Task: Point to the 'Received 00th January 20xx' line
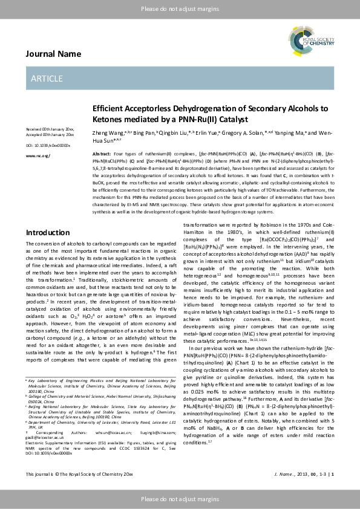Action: [50, 130]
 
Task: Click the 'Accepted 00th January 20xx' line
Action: [50, 135]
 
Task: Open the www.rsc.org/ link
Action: [38, 155]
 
